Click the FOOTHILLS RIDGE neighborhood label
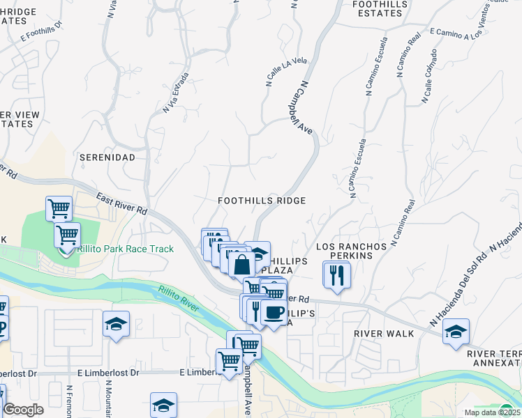click(x=262, y=201)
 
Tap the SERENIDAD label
click(x=107, y=157)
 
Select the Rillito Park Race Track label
click(x=126, y=249)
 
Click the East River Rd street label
click(x=122, y=203)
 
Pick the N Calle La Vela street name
click(x=286, y=72)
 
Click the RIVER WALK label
click(x=384, y=334)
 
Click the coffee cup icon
click(x=274, y=311)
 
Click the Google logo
click(x=23, y=410)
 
